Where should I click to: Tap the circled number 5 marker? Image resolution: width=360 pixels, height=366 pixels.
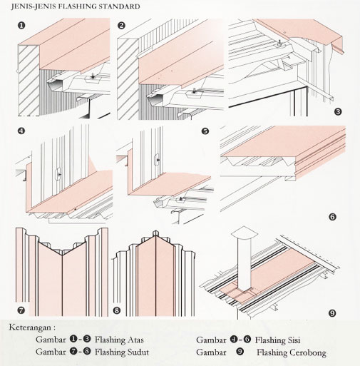click(205, 131)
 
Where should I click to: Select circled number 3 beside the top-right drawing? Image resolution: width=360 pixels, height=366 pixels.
click(337, 111)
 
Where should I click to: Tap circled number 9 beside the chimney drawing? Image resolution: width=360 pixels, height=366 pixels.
click(332, 312)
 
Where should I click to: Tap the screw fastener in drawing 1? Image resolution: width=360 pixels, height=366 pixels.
click(93, 76)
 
